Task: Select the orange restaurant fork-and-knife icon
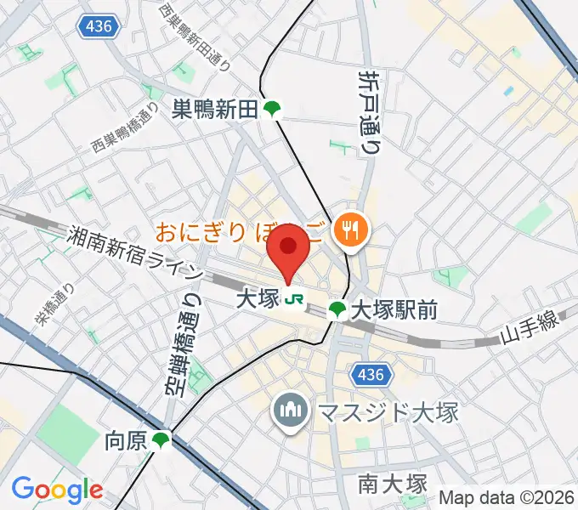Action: pyautogui.click(x=349, y=228)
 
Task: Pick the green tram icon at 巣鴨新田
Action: pyautogui.click(x=272, y=109)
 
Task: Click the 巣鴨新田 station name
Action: pyautogui.click(x=214, y=109)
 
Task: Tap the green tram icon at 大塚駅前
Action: pyautogui.click(x=337, y=310)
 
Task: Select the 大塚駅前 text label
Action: pyautogui.click(x=394, y=310)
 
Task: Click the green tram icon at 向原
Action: pyautogui.click(x=161, y=440)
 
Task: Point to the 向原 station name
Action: pyautogui.click(x=126, y=440)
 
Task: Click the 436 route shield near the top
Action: pyautogui.click(x=99, y=28)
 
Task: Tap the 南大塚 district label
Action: pyautogui.click(x=391, y=484)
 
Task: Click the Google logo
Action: pyautogui.click(x=57, y=489)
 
